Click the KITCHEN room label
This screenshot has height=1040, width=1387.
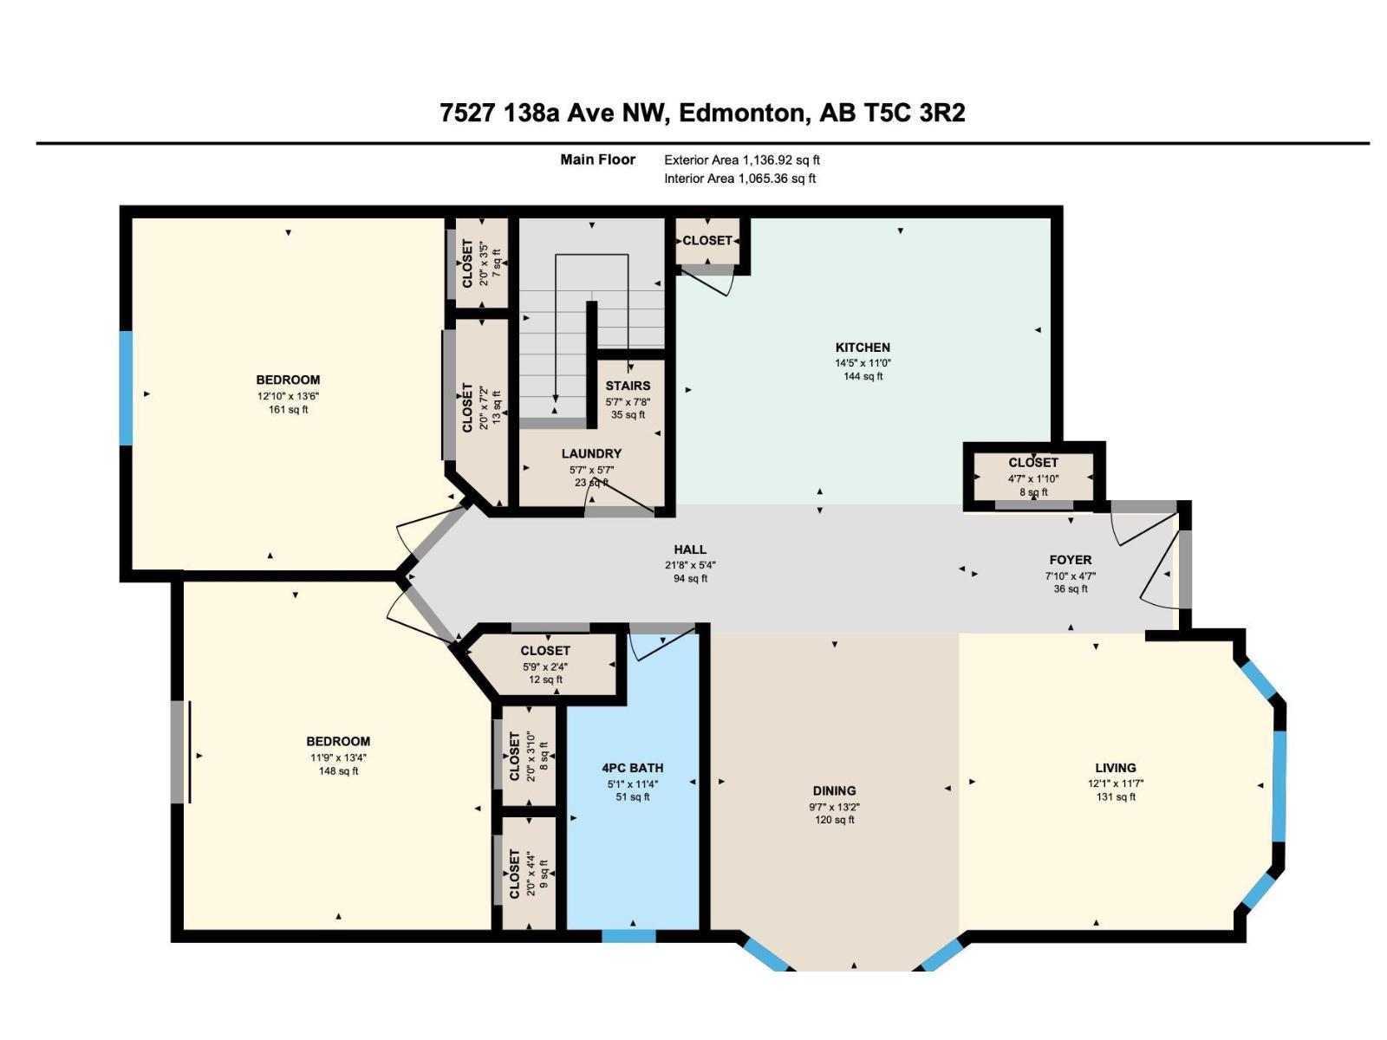862,348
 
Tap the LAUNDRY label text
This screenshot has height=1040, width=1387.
591,453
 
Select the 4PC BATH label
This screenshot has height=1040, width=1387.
632,768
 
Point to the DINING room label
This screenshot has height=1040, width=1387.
834,790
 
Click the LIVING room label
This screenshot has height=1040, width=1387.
1116,768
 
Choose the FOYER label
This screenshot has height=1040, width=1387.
1071,560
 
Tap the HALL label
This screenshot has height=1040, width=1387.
690,549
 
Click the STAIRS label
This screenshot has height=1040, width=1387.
628,386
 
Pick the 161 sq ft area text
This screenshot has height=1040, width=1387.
288,410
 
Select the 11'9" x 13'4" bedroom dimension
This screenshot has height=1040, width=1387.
338,757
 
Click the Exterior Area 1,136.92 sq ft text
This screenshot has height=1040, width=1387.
741,160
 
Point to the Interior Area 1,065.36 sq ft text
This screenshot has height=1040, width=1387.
739,179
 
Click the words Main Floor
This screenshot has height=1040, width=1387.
598,159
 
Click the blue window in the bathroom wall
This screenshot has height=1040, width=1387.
628,937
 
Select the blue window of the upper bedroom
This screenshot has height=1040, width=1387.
127,388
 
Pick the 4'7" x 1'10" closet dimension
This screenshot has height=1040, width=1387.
1033,478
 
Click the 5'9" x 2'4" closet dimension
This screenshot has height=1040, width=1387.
545,666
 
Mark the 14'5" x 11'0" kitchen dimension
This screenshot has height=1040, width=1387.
863,363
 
